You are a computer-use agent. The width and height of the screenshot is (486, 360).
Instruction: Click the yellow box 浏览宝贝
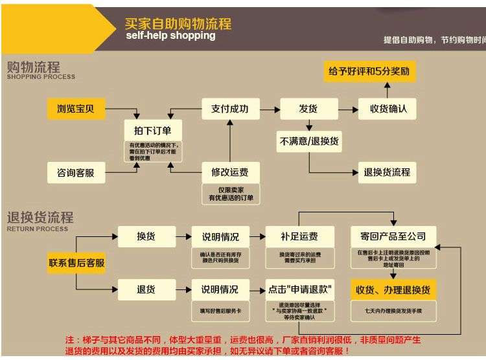(76, 109)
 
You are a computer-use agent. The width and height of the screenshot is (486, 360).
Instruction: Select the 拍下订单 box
(153, 129)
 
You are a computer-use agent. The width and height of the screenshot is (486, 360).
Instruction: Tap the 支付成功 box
(230, 109)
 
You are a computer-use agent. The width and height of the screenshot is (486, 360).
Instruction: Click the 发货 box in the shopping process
(308, 109)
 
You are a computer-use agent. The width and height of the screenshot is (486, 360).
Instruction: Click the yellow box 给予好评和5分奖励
(369, 71)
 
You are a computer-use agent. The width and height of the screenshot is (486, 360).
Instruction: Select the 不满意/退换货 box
(309, 141)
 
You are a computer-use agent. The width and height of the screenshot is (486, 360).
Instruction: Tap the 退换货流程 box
(387, 172)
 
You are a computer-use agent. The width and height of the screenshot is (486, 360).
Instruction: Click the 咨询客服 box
(76, 173)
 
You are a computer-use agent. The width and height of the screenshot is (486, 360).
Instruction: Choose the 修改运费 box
(230, 172)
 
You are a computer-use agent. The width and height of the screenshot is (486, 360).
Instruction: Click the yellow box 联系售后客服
(76, 262)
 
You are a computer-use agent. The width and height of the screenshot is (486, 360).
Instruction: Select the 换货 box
(146, 236)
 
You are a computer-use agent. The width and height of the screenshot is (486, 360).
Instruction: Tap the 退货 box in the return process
(146, 289)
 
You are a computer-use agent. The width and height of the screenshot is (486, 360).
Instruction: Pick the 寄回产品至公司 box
(393, 236)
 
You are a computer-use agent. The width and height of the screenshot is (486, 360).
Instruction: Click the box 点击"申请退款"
(299, 289)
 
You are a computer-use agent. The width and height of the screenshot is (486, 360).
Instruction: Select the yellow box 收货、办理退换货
(393, 289)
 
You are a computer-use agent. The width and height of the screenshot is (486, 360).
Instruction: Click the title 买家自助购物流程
(178, 24)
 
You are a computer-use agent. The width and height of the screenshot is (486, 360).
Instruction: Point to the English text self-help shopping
(170, 36)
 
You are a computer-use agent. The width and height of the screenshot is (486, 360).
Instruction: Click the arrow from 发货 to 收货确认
(348, 109)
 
